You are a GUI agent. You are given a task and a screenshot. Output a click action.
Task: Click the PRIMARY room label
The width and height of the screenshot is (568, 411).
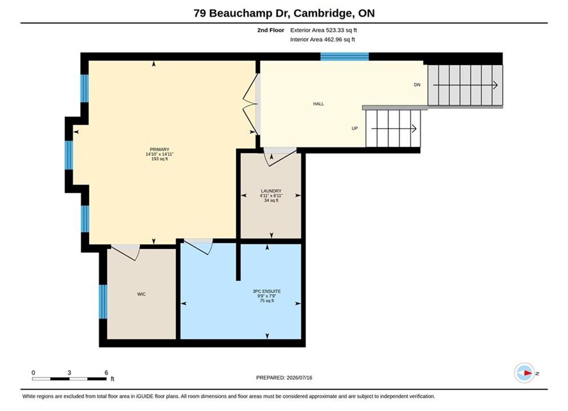click(x=159, y=149)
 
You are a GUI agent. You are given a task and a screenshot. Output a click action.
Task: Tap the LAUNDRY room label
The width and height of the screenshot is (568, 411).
click(x=271, y=191)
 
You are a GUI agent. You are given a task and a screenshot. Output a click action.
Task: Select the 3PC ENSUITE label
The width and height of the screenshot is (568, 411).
click(x=267, y=291)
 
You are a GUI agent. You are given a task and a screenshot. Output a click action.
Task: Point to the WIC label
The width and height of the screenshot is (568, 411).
click(x=141, y=294)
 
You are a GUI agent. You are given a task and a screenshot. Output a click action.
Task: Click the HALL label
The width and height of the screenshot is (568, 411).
click(x=319, y=103)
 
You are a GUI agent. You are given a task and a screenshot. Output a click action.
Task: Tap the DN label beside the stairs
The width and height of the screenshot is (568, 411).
click(x=417, y=84)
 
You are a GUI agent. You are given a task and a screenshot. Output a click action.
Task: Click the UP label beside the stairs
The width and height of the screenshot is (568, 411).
click(x=355, y=128)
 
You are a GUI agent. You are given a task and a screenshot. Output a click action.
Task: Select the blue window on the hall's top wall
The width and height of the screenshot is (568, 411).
click(x=344, y=57)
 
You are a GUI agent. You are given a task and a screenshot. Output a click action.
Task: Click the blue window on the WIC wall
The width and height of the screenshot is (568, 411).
click(x=103, y=301)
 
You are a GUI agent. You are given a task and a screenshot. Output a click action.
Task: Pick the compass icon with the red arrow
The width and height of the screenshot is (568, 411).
click(x=524, y=373)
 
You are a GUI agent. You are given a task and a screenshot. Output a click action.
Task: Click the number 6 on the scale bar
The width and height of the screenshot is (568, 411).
click(x=106, y=372)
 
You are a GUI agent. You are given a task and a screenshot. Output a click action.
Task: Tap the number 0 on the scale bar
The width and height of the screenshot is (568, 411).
click(x=33, y=373)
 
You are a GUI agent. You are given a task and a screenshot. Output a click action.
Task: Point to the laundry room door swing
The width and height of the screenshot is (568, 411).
click(x=280, y=157)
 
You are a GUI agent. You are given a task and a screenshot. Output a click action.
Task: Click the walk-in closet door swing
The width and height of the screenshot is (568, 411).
click(x=126, y=252)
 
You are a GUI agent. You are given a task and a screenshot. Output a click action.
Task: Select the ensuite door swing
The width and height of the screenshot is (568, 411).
click(x=199, y=247)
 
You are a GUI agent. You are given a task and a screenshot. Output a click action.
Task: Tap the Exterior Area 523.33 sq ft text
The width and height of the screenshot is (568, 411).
click(x=324, y=30)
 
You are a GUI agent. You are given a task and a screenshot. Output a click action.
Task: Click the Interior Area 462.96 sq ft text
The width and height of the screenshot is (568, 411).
click(x=323, y=39)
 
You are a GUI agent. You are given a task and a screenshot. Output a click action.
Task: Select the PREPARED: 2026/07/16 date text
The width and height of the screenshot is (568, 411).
click(x=284, y=378)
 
